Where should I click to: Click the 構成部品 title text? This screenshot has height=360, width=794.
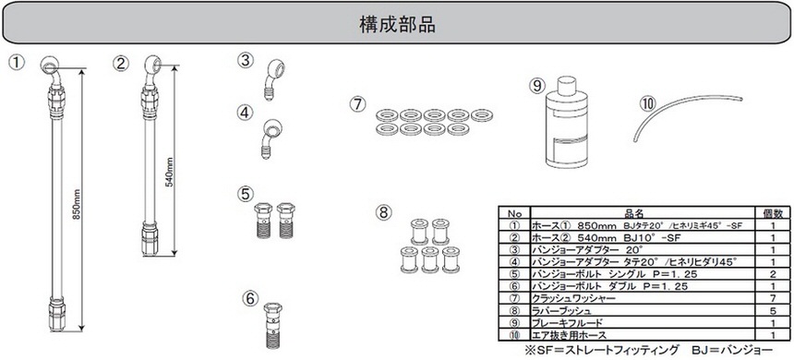point(397,25)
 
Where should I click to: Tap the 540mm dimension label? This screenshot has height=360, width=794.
point(170,172)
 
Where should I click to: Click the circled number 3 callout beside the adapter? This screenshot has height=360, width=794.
point(245,61)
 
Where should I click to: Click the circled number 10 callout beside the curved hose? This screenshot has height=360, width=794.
point(648,104)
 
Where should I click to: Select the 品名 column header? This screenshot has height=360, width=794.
point(642,213)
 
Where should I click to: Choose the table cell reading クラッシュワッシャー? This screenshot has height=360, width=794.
point(573,298)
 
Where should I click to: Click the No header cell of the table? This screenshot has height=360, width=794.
point(514,213)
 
